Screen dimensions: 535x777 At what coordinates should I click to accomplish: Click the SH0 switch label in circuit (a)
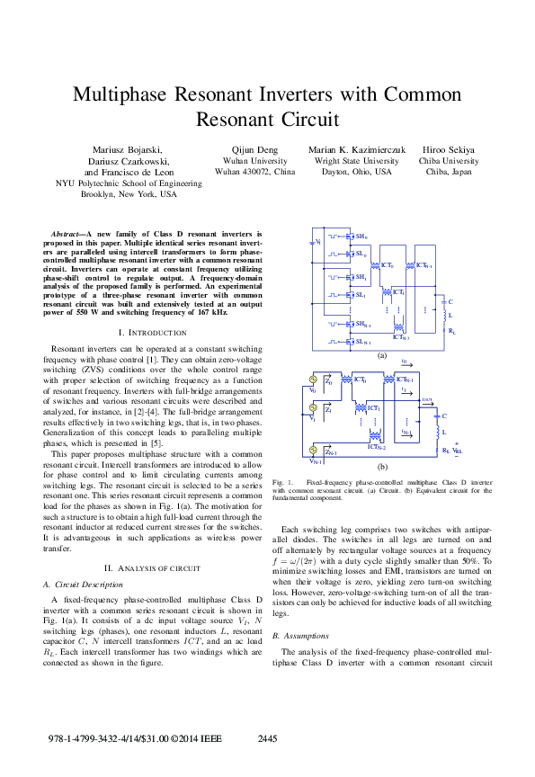(361, 237)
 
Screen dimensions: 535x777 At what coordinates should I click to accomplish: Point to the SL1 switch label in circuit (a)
(361, 294)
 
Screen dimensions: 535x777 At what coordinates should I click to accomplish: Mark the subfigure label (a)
(381, 356)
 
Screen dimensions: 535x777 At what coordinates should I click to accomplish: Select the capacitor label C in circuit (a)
(450, 302)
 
